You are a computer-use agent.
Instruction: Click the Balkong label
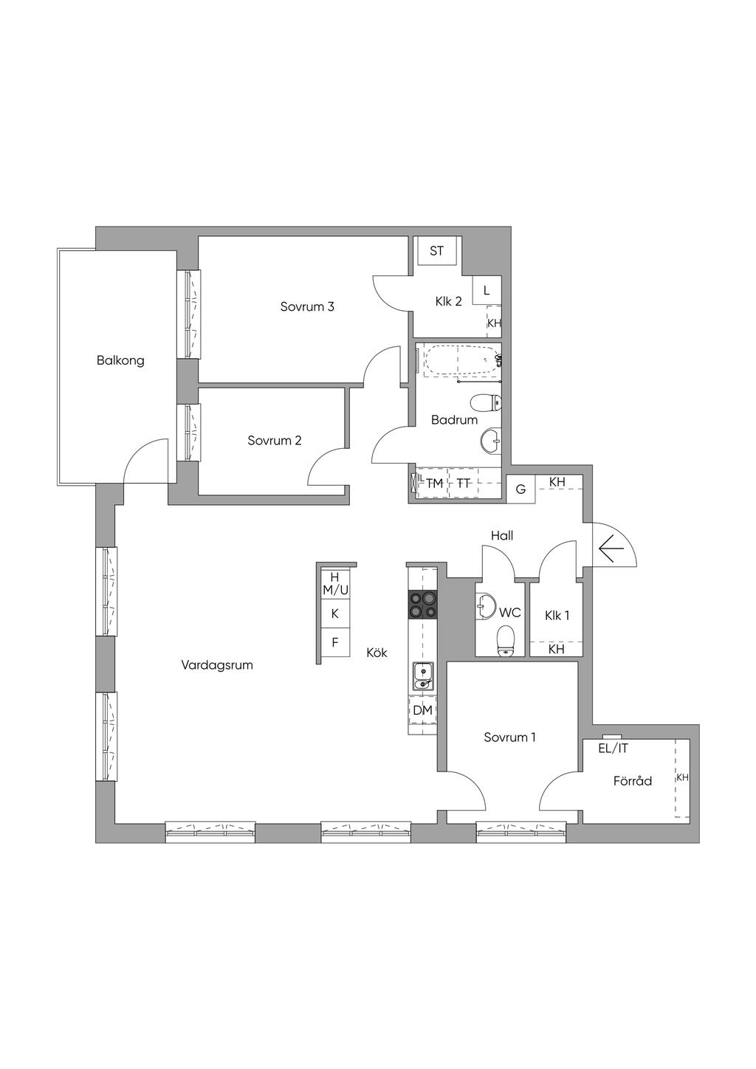(120, 360)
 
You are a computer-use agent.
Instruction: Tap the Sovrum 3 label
(307, 306)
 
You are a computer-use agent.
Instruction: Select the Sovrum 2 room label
(275, 440)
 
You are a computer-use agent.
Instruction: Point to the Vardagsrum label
(217, 664)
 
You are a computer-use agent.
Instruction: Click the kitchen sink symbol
(422, 677)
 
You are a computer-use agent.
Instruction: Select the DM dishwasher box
(422, 710)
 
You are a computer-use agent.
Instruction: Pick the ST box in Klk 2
(437, 251)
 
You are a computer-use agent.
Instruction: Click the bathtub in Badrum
(461, 360)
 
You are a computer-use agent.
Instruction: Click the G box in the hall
(520, 489)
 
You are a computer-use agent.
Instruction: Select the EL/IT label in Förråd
(614, 749)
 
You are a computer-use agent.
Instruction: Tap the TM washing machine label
(434, 484)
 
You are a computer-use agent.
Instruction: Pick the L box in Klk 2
(487, 291)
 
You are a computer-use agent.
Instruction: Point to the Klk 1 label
(557, 615)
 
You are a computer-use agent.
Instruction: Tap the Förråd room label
(633, 781)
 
